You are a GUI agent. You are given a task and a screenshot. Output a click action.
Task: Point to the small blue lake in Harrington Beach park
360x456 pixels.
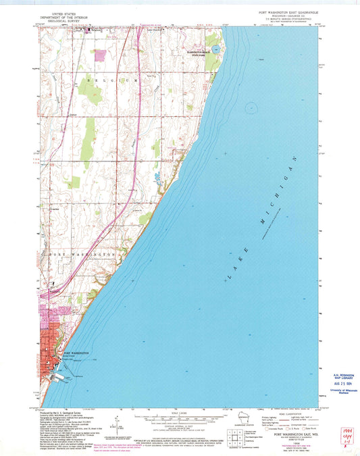(214, 50)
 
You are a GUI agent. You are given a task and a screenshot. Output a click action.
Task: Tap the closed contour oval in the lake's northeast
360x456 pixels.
(252, 106)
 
